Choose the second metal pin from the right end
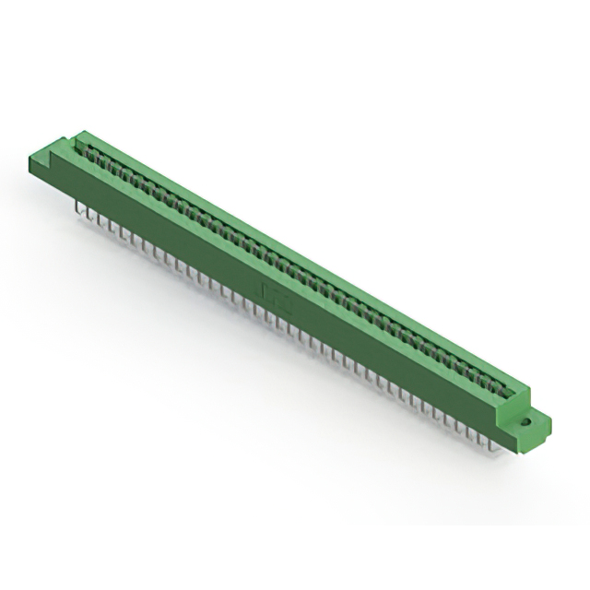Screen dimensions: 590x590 (487, 441)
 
